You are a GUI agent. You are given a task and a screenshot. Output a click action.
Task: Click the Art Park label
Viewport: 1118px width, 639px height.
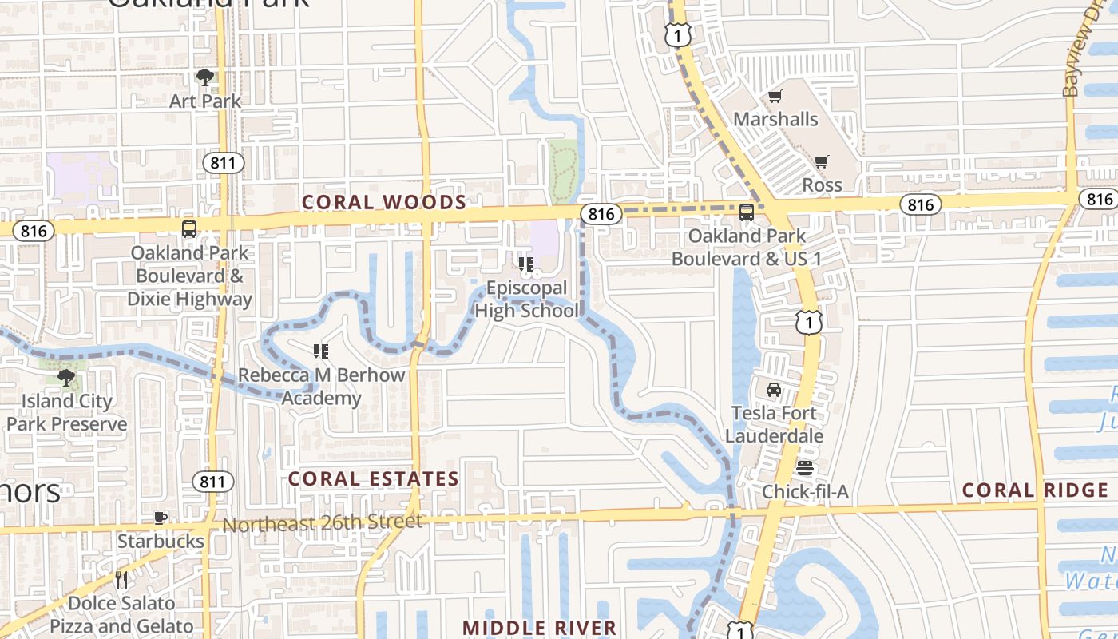(x=205, y=101)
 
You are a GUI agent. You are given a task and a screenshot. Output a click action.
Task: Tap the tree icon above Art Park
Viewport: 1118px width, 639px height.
(x=205, y=77)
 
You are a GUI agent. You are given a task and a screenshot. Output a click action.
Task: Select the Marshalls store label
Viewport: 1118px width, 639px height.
(x=775, y=119)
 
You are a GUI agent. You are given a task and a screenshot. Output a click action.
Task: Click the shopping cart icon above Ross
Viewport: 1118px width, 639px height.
(x=822, y=161)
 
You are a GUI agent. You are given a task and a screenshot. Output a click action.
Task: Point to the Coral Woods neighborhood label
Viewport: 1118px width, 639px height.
(x=384, y=202)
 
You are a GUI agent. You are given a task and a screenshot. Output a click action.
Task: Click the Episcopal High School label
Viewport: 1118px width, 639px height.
(x=526, y=299)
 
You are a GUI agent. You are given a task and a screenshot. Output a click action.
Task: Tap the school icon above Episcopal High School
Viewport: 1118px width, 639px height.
(x=525, y=264)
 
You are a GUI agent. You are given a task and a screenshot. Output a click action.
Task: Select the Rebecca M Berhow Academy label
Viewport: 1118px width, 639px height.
(x=322, y=386)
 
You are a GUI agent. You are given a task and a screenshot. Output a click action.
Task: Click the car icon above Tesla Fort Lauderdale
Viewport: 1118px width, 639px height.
(x=773, y=390)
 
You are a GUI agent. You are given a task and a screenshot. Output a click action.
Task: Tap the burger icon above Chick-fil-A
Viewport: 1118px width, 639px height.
(x=804, y=468)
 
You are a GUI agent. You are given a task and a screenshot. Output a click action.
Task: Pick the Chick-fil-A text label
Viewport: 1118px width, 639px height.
(x=805, y=491)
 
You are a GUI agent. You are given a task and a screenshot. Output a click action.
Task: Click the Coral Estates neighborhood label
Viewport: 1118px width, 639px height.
(x=374, y=478)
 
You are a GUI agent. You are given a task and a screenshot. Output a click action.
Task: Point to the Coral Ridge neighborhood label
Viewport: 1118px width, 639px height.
(x=1035, y=490)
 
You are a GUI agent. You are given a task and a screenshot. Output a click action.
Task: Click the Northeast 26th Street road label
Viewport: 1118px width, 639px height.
(x=322, y=523)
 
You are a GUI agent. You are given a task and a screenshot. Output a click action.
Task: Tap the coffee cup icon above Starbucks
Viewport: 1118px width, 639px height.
(x=161, y=518)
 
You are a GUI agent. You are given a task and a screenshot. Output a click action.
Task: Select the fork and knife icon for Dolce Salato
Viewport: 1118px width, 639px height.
(x=121, y=580)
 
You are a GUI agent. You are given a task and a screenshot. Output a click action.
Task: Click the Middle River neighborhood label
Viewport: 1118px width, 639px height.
(x=540, y=628)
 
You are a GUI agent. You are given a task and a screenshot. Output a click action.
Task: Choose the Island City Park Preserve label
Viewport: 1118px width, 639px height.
(x=66, y=412)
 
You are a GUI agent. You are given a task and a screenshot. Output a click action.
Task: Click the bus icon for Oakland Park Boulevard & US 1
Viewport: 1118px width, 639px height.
(x=747, y=212)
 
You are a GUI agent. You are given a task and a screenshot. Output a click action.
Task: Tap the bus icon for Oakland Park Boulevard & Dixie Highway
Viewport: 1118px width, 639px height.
(x=189, y=229)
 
